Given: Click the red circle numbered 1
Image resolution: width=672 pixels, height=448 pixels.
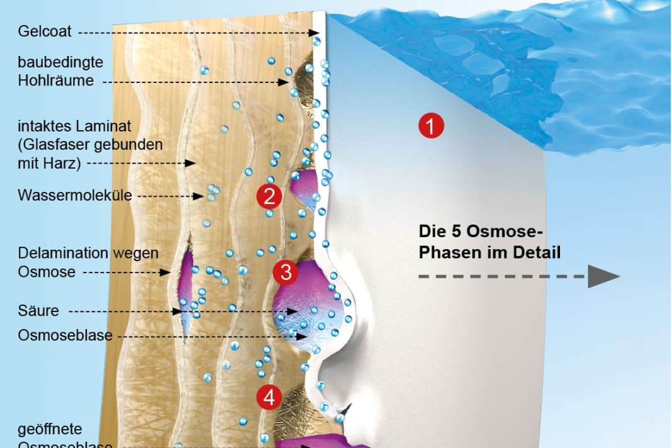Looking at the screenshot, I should tap(431, 126).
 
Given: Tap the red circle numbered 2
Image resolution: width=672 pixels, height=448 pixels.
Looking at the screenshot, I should tap(269, 197).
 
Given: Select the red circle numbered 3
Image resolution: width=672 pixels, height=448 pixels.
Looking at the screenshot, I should tap(286, 273).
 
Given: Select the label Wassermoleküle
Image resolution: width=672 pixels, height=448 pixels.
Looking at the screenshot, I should tap(75, 195).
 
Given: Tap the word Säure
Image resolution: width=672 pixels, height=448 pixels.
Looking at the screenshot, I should tap(38, 310).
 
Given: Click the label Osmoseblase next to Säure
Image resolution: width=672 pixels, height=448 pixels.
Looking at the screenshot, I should tap(65, 335).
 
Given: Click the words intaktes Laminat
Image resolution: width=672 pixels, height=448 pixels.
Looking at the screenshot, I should tap(74, 126).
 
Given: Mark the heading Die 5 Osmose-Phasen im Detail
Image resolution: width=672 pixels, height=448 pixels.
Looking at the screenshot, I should tap(489, 242).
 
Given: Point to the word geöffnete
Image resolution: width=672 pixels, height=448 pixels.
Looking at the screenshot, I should tap(50, 429).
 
